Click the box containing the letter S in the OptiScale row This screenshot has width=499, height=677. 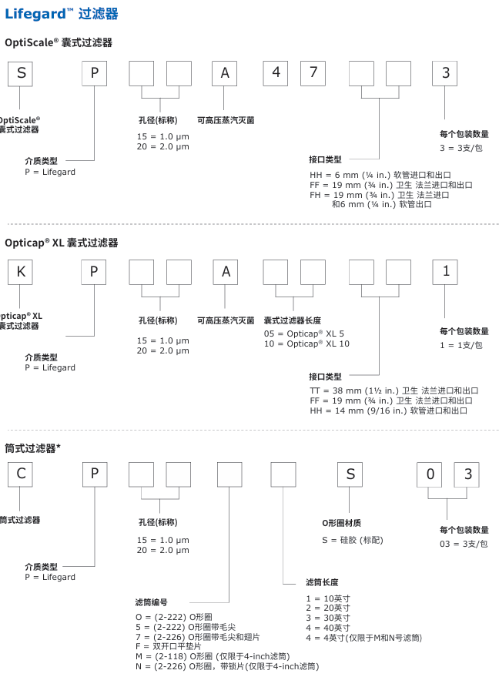[x=21, y=73]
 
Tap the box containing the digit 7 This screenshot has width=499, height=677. [x=313, y=73]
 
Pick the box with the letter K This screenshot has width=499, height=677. [x=21, y=273]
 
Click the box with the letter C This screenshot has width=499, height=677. [x=21, y=474]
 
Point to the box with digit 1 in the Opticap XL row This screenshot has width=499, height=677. [x=446, y=273]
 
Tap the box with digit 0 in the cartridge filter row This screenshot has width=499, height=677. [x=430, y=474]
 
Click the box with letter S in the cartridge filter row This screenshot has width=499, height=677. [x=350, y=474]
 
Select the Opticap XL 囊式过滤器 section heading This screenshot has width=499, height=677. [x=62, y=243]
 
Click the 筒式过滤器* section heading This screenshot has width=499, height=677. [x=33, y=447]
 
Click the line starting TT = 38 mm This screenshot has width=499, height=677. [x=394, y=390]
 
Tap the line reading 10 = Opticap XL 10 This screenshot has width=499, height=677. [x=306, y=344]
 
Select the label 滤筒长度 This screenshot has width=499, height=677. [x=322, y=582]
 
